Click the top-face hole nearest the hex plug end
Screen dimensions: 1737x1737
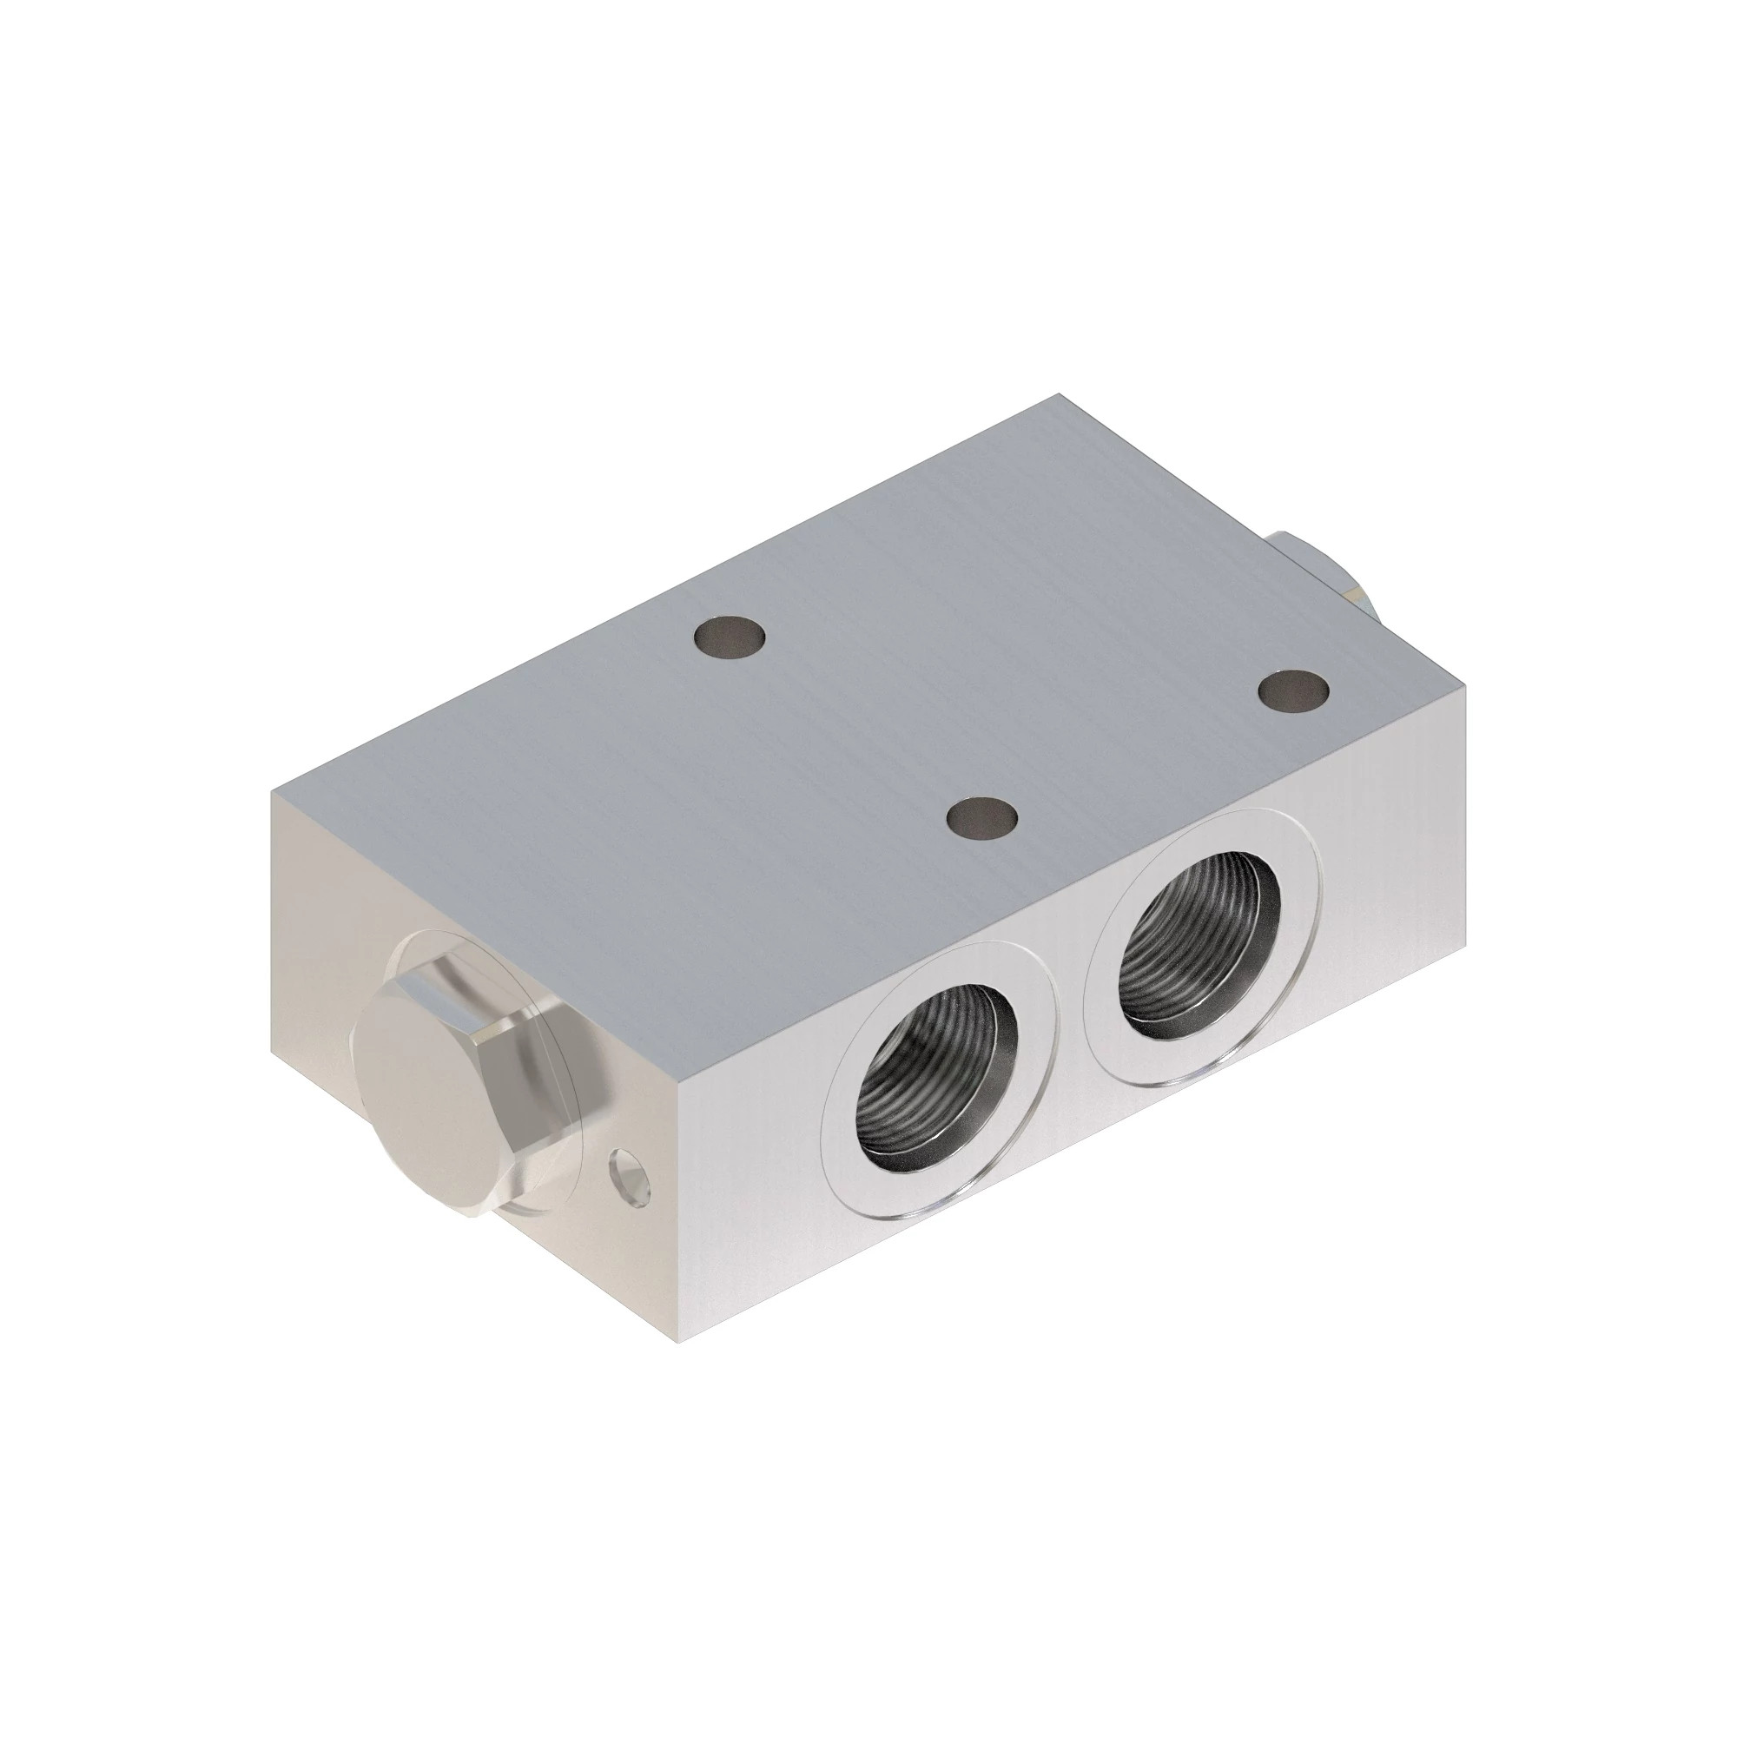click(x=730, y=637)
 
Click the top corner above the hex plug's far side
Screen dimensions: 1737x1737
click(x=273, y=794)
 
